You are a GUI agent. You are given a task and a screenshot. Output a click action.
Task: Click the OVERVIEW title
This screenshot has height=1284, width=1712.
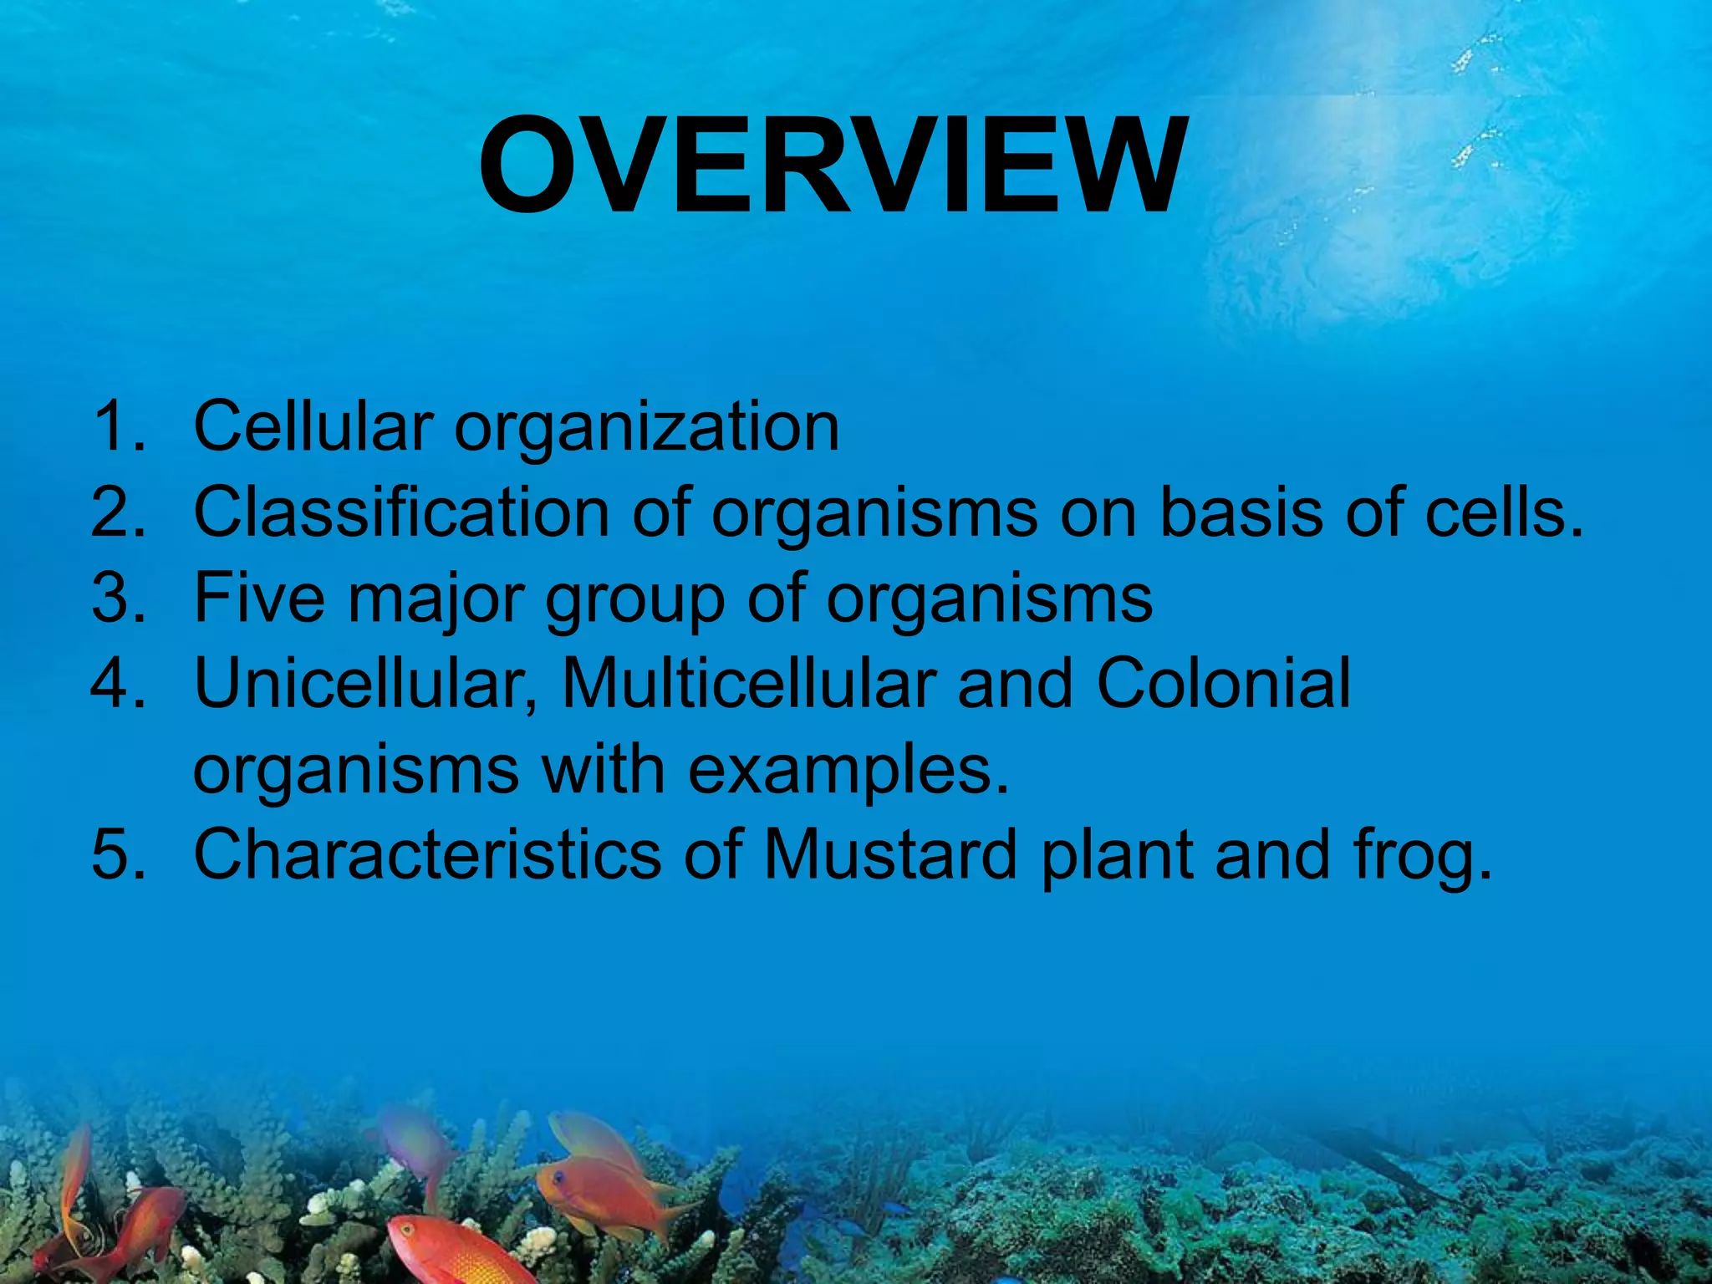coord(832,166)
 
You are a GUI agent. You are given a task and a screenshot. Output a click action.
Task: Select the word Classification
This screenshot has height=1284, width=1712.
coord(401,512)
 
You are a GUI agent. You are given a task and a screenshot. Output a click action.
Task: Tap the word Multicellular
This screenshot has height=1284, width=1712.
coord(748,683)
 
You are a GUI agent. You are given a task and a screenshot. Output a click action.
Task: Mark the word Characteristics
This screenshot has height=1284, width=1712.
coord(427,854)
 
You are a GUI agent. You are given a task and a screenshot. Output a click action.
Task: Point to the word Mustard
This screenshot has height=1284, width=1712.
coord(890,854)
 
